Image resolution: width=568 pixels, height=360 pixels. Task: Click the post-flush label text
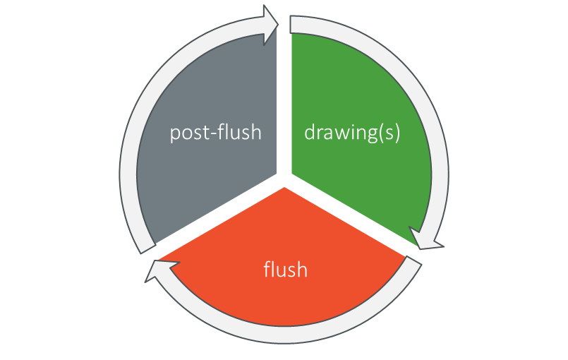point(215,133)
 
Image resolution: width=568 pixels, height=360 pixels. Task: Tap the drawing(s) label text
point(352,133)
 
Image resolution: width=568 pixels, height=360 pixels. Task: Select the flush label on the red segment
point(285,269)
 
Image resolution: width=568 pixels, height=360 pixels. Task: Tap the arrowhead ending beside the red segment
point(157,269)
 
